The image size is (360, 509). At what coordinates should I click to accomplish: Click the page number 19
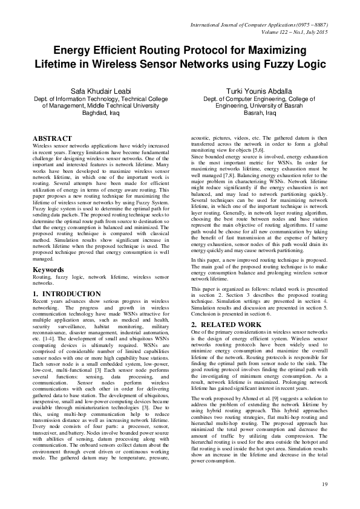(324, 484)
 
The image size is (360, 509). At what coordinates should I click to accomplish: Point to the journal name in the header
(259, 25)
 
